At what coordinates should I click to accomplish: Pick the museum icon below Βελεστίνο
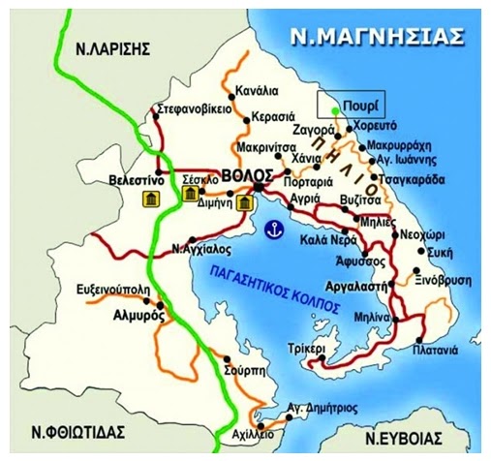(151, 200)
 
